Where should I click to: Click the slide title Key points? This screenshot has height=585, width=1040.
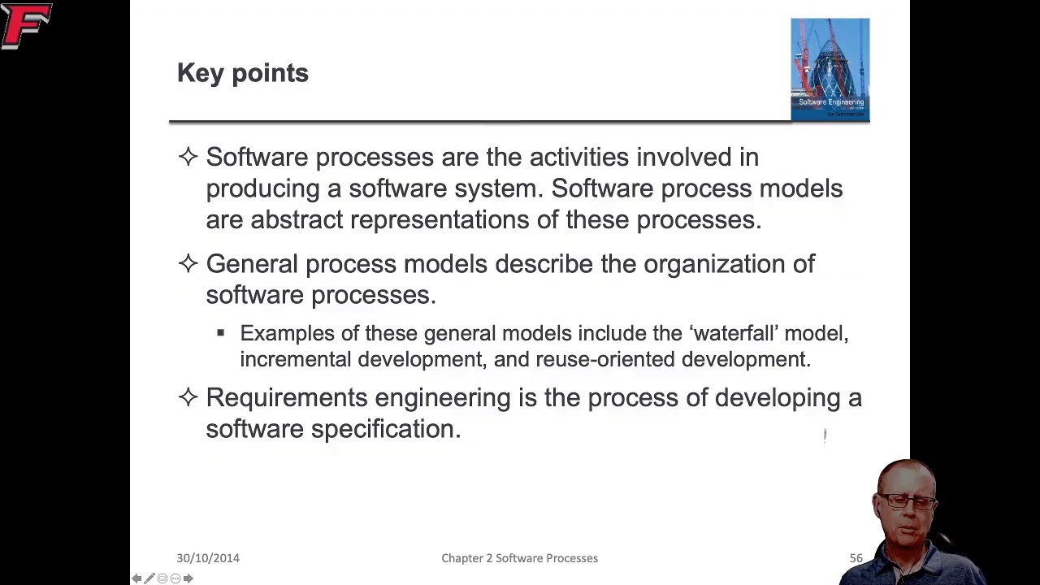pyautogui.click(x=242, y=73)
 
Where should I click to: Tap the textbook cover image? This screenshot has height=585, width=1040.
pyautogui.click(x=830, y=69)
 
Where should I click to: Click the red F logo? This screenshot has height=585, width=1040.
pyautogui.click(x=26, y=26)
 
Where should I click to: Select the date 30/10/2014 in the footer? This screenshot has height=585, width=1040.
pyautogui.click(x=208, y=558)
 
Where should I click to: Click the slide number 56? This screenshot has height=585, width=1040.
pyautogui.click(x=856, y=558)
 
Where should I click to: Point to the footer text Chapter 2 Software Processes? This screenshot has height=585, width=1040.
pyautogui.click(x=519, y=558)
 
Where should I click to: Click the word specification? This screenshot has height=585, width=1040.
pyautogui.click(x=385, y=429)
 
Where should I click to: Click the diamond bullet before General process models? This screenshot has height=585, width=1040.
pyautogui.click(x=188, y=263)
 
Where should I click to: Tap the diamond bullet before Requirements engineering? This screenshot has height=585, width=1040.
pyautogui.click(x=188, y=396)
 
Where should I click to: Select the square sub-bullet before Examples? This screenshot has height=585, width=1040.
pyautogui.click(x=220, y=333)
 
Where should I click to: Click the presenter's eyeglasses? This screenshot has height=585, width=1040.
pyautogui.click(x=908, y=501)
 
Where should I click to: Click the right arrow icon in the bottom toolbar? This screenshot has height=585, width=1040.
pyautogui.click(x=188, y=578)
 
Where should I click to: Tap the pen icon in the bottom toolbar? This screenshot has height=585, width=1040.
pyautogui.click(x=149, y=578)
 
